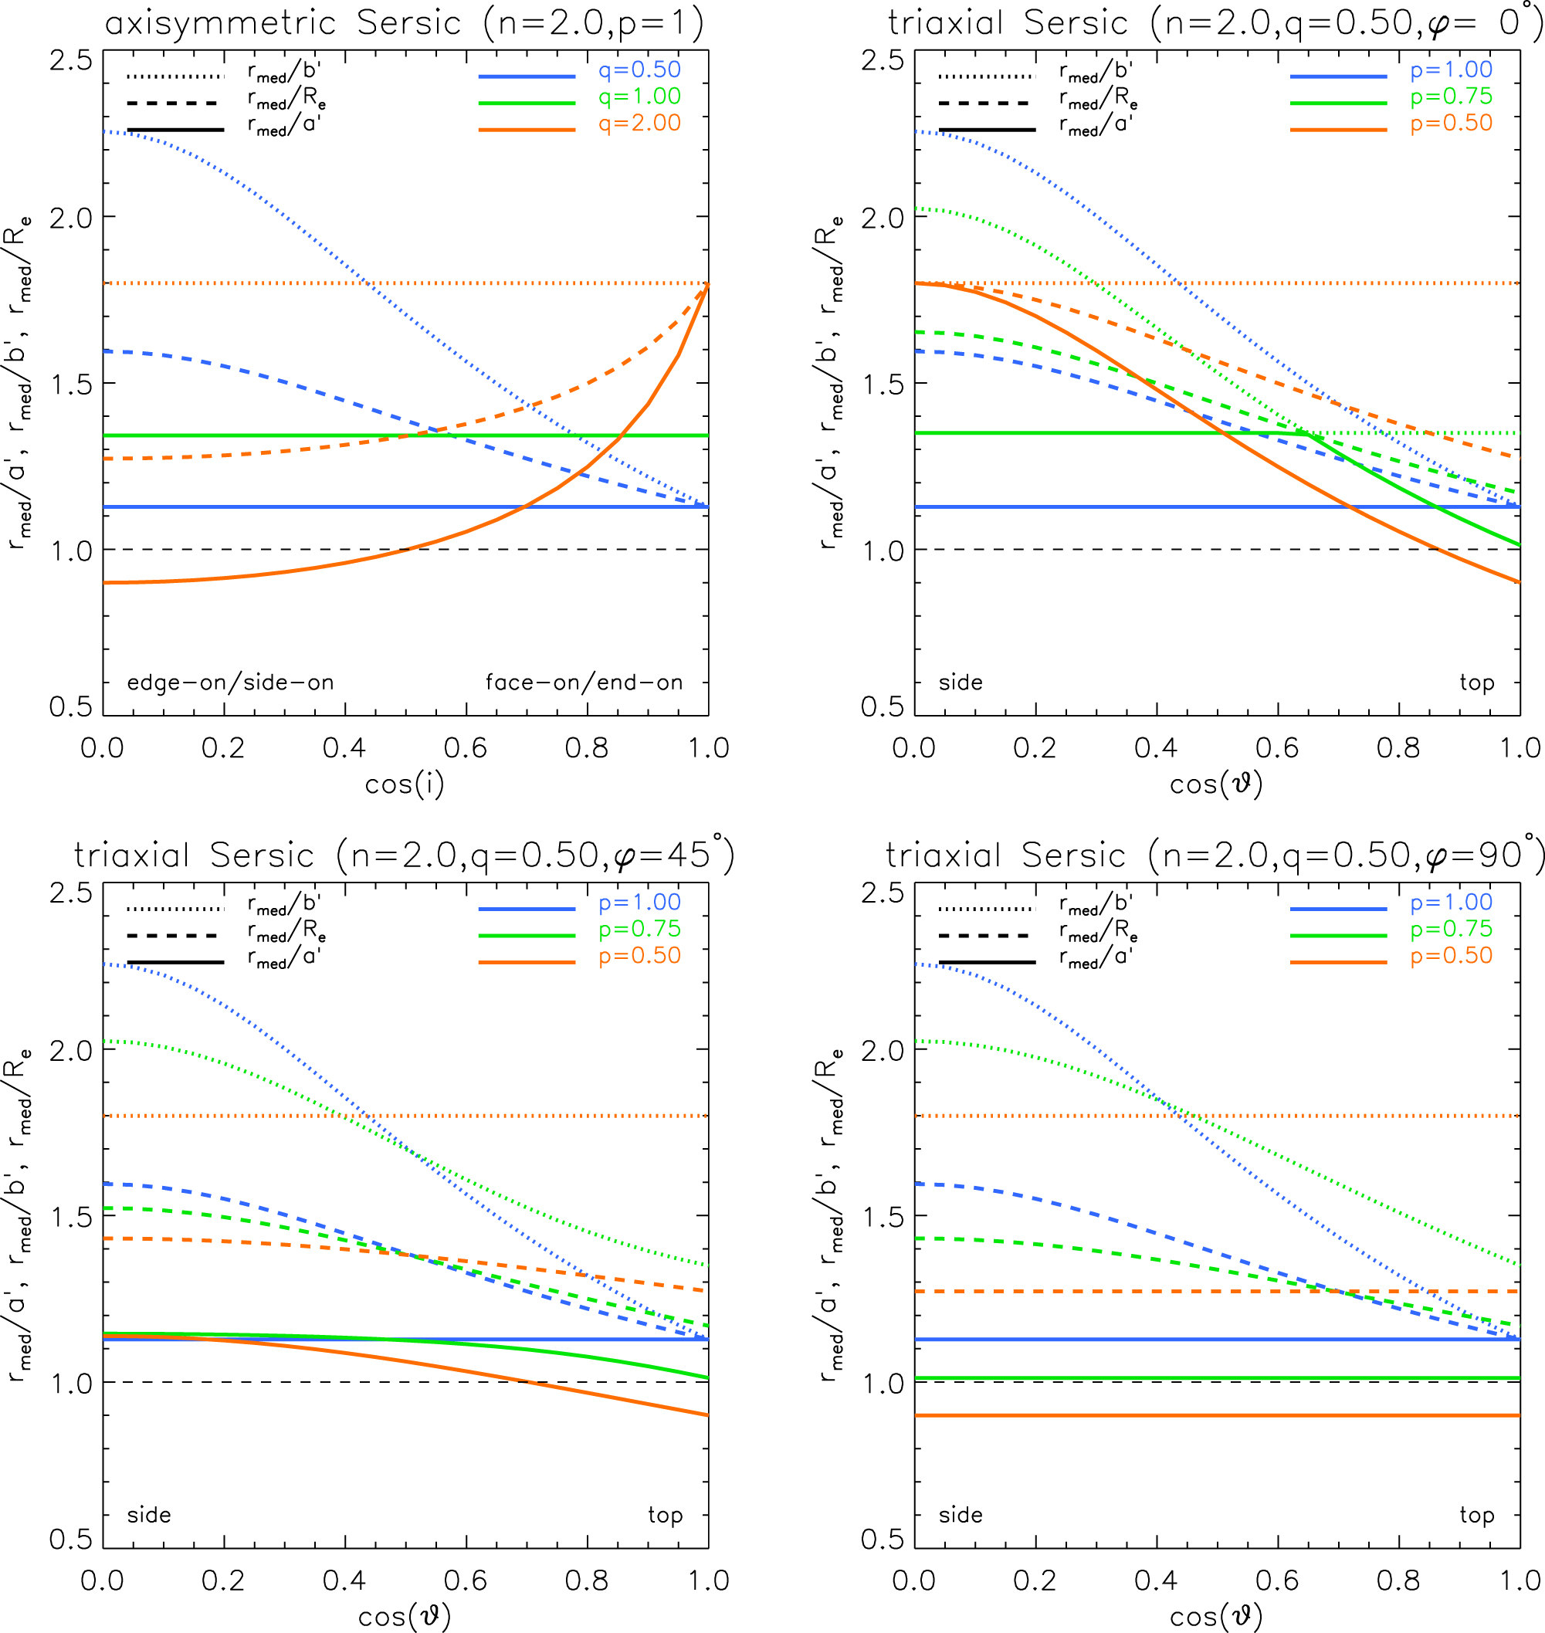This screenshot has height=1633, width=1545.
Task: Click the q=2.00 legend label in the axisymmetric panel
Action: pyautogui.click(x=639, y=124)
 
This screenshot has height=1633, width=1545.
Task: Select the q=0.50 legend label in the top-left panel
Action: pyautogui.click(x=639, y=70)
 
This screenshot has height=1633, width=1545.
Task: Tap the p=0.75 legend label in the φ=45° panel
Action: pyautogui.click(x=639, y=929)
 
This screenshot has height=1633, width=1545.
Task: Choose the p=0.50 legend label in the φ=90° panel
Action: pyautogui.click(x=1451, y=955)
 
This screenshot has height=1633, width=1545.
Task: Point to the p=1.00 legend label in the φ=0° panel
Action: pyautogui.click(x=1451, y=70)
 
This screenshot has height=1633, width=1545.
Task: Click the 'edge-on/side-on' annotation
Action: pyautogui.click(x=230, y=683)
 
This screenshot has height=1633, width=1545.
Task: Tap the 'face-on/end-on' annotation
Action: pyautogui.click(x=584, y=683)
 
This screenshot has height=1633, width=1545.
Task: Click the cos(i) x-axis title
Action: pyautogui.click(x=405, y=784)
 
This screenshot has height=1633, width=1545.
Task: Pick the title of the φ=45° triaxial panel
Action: pyautogui.click(x=405, y=855)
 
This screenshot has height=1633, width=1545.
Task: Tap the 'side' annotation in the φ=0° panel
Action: pyautogui.click(x=961, y=683)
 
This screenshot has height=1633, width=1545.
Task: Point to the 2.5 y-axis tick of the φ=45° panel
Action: pyautogui.click(x=71, y=893)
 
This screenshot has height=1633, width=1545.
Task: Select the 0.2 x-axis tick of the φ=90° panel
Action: pyautogui.click(x=1035, y=1580)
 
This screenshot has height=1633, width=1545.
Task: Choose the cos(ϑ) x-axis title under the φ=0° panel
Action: pyautogui.click(x=1216, y=784)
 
